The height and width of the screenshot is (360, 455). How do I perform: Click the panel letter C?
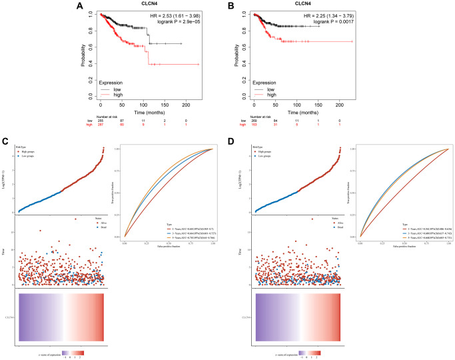[5, 142]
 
